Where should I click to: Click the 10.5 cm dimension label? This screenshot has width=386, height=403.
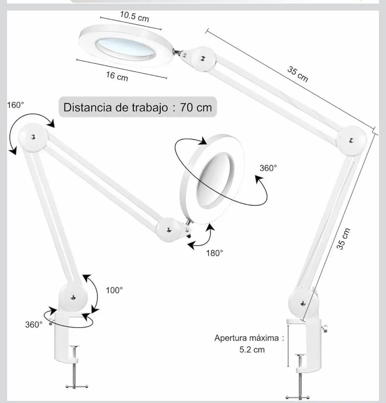pos(134,16)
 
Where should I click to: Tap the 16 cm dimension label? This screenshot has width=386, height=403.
pos(117,76)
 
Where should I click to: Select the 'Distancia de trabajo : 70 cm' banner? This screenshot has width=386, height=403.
pos(138,107)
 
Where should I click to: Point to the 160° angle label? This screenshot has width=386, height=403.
pos(15,105)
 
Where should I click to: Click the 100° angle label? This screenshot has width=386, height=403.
pos(114,290)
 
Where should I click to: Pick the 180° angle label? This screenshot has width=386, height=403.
pos(215,253)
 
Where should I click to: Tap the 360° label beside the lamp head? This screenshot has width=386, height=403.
pos(268,168)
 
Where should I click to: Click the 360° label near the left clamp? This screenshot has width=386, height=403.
pos(34,324)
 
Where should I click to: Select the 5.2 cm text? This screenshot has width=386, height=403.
pos(252,350)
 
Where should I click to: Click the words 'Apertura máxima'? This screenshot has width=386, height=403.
pos(246,338)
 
